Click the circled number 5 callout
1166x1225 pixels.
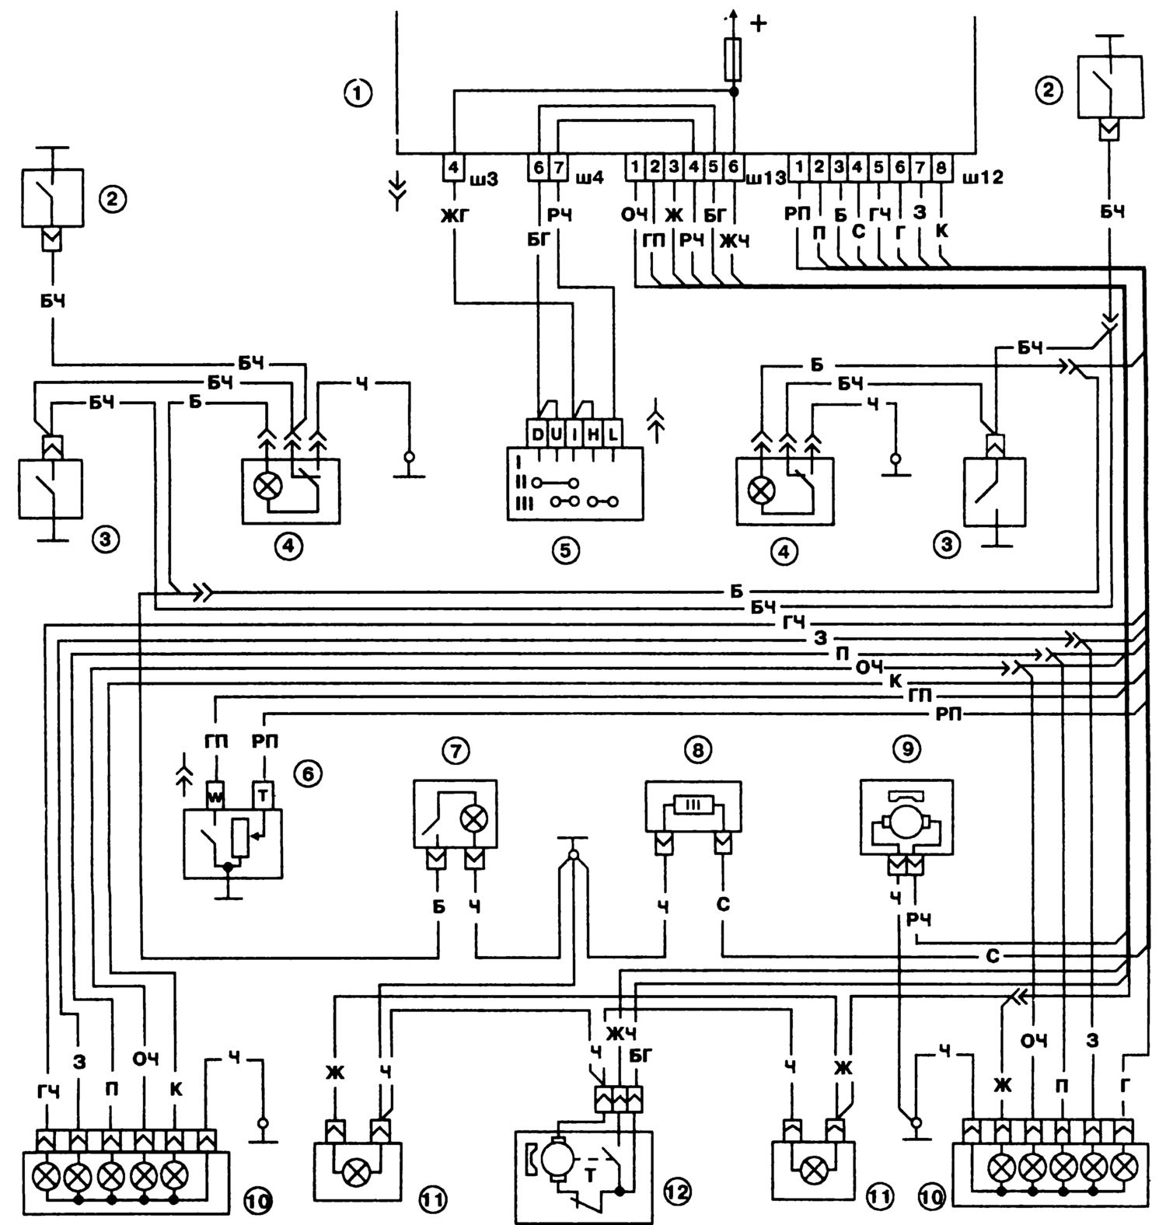[x=565, y=550]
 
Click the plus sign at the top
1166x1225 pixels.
[x=756, y=23]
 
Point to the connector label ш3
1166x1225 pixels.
[x=484, y=180]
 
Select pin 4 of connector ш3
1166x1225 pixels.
[x=453, y=166]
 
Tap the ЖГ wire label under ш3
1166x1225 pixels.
[x=453, y=215]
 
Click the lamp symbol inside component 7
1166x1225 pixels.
[x=472, y=818]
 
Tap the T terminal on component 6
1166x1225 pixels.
[x=265, y=794]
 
